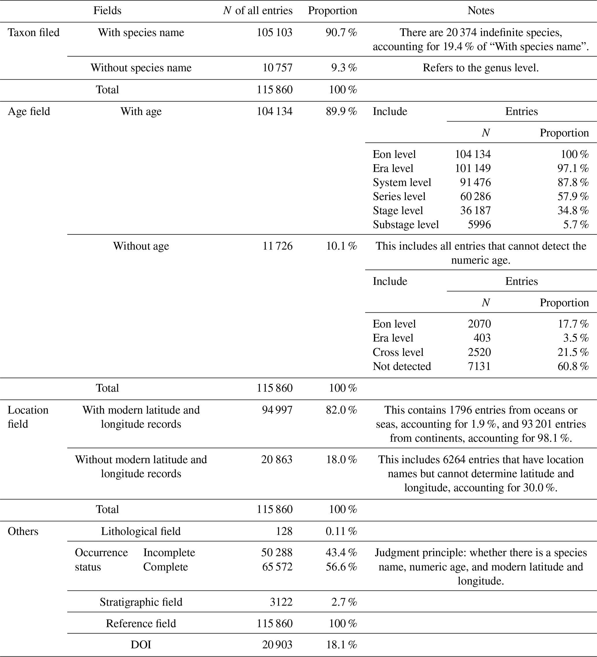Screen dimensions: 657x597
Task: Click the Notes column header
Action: tap(481, 11)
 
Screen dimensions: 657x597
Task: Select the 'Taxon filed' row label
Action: tap(34, 33)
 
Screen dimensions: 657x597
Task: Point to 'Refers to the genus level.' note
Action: tap(481, 68)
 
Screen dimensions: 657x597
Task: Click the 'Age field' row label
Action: tap(29, 111)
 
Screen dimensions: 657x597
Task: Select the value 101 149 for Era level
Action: tap(473, 168)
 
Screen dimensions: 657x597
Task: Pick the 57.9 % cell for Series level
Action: tap(573, 197)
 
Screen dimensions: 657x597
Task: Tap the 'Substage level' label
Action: tap(406, 225)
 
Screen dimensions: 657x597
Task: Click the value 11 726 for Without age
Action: tap(278, 246)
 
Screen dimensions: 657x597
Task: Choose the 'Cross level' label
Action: tap(398, 352)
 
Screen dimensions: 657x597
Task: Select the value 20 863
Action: tap(276, 460)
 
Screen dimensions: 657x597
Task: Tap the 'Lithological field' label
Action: tap(141, 531)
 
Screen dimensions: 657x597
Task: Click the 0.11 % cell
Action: tap(341, 531)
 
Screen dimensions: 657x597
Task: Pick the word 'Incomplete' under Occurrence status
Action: tap(169, 553)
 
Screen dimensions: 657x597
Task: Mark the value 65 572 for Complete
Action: tap(277, 567)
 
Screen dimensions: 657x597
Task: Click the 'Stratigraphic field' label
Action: tap(141, 602)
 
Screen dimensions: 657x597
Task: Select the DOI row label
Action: tap(141, 645)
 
